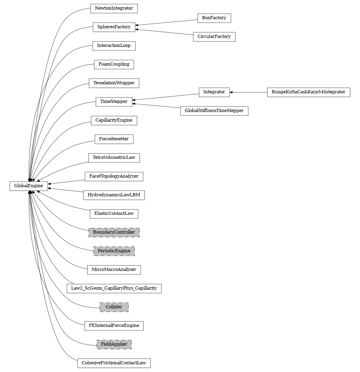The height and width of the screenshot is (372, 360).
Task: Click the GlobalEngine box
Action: (29, 186)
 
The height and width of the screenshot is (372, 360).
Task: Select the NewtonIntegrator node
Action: (114, 8)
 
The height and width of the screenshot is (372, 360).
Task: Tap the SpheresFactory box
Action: (114, 27)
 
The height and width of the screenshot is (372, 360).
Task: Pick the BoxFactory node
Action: (214, 18)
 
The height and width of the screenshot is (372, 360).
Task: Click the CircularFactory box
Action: (214, 36)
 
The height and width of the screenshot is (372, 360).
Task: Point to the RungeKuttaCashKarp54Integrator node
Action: (308, 92)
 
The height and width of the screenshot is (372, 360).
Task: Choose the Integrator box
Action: (214, 92)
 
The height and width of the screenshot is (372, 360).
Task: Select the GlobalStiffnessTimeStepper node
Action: (214, 110)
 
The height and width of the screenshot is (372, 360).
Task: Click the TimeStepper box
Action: (114, 102)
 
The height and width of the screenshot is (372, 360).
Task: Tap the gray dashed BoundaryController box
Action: (114, 232)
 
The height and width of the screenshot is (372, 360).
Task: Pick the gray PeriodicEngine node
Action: (114, 251)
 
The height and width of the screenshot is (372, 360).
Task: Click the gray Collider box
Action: (114, 307)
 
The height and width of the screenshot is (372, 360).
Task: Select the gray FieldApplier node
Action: (114, 344)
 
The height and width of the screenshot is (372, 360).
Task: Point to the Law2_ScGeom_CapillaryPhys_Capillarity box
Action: (114, 288)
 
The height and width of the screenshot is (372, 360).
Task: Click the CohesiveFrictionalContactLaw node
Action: (114, 363)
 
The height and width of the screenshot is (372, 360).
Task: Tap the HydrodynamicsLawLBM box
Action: (114, 195)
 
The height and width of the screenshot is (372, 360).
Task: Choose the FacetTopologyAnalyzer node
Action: (114, 176)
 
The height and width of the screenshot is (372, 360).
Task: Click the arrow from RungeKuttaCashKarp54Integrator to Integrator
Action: (248, 92)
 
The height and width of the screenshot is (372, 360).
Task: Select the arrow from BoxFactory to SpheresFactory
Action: (166, 22)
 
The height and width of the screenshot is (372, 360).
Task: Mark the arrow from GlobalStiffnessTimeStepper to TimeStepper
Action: (156, 106)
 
